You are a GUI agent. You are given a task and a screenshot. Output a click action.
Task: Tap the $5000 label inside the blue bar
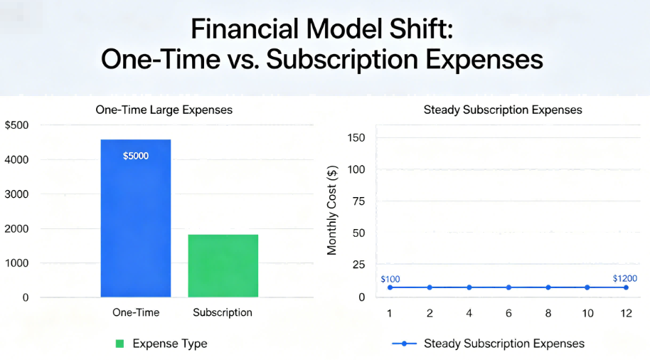pos(136,156)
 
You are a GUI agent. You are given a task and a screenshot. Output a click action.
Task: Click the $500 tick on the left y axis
pos(16,125)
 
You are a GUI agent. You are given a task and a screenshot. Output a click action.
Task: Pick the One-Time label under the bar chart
pos(136,312)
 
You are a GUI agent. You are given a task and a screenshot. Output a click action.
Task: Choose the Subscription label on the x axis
pos(223,312)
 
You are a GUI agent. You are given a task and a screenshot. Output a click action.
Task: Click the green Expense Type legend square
pos(119,344)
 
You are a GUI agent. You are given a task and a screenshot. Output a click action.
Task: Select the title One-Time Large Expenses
pos(164,110)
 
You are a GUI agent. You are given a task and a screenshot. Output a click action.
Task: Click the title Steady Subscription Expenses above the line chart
pos(502,110)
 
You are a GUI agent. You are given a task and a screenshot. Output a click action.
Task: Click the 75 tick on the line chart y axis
pos(359,201)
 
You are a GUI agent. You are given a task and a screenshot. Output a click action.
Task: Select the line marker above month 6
pos(508,287)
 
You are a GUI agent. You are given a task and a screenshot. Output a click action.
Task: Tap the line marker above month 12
pos(627,287)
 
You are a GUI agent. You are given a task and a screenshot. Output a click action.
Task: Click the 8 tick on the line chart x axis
pos(548,313)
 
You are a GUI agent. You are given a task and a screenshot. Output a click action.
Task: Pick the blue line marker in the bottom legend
pos(405,344)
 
